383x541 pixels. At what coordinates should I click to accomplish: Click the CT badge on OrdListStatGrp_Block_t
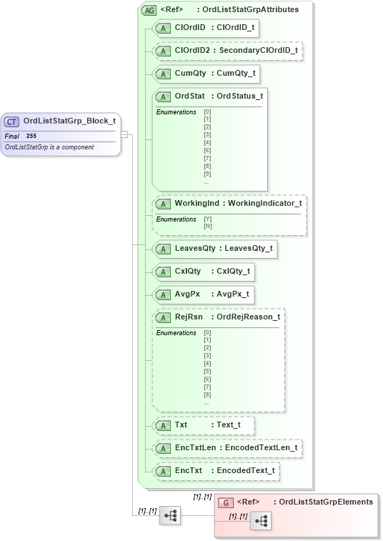(12, 121)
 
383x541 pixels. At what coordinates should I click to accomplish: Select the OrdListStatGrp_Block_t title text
(69, 121)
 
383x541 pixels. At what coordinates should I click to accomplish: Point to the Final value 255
(31, 136)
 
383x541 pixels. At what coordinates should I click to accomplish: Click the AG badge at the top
(149, 11)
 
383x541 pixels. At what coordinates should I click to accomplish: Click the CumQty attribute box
(207, 73)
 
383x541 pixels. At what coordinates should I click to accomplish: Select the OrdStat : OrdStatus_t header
(210, 96)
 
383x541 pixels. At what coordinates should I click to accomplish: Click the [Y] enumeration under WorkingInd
(207, 219)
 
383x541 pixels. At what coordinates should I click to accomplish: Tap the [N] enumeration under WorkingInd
(207, 227)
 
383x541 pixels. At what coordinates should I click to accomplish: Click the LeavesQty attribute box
(215, 249)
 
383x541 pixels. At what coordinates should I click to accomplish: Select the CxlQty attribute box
(204, 272)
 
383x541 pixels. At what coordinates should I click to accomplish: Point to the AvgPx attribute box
(204, 294)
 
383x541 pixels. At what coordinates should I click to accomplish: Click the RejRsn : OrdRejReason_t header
(218, 317)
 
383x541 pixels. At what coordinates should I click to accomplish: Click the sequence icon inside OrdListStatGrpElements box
(260, 522)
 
